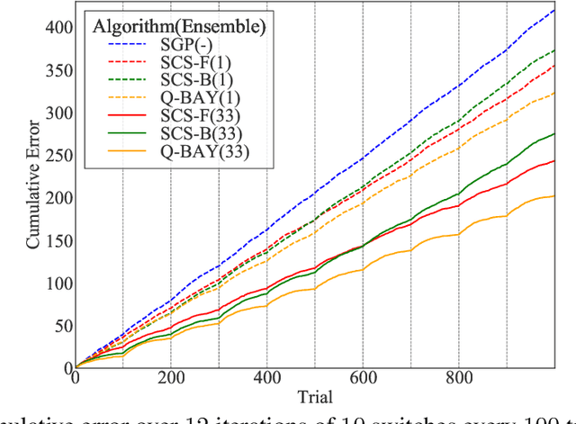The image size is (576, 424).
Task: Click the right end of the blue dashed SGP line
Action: pos(553,11)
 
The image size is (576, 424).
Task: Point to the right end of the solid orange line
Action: pos(553,196)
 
